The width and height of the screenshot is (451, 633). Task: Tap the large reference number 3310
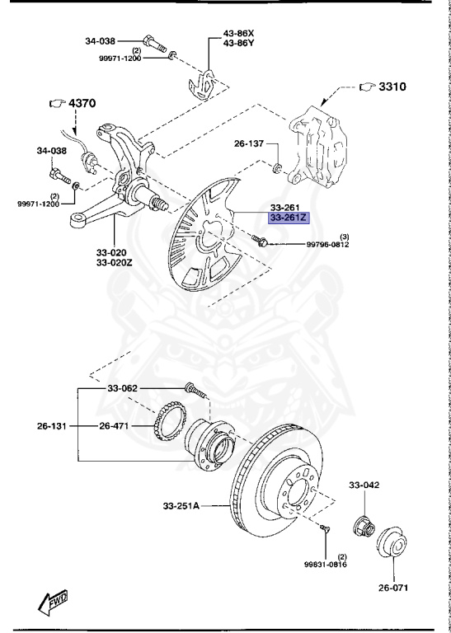click(x=392, y=87)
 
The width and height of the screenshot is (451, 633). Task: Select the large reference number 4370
click(x=82, y=103)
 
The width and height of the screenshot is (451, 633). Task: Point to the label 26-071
click(x=392, y=588)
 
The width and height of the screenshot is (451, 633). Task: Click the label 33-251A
click(x=181, y=505)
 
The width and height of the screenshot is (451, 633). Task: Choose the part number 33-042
click(x=364, y=485)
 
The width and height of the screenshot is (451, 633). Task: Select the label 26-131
click(x=51, y=425)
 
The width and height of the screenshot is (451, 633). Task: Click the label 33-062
click(x=122, y=388)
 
